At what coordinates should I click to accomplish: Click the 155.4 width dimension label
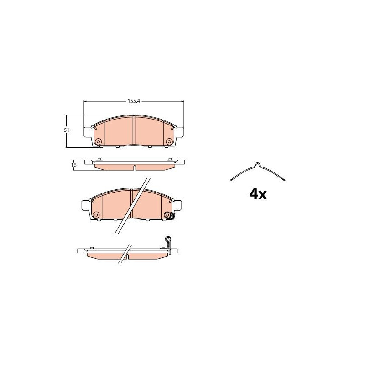pyautogui.click(x=134, y=101)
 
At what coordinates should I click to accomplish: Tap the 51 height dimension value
pyautogui.click(x=67, y=130)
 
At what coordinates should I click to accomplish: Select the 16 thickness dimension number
pyautogui.click(x=74, y=165)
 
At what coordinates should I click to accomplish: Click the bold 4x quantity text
pyautogui.click(x=258, y=194)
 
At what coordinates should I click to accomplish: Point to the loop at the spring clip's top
pyautogui.click(x=257, y=164)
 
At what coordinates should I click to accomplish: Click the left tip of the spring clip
pyautogui.click(x=231, y=180)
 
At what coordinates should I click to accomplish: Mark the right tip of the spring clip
pyautogui.click(x=284, y=180)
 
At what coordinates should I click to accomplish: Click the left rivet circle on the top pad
pyautogui.click(x=99, y=141)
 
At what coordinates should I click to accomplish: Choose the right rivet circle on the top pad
pyautogui.click(x=169, y=141)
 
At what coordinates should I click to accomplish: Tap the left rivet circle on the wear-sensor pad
pyautogui.click(x=96, y=215)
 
